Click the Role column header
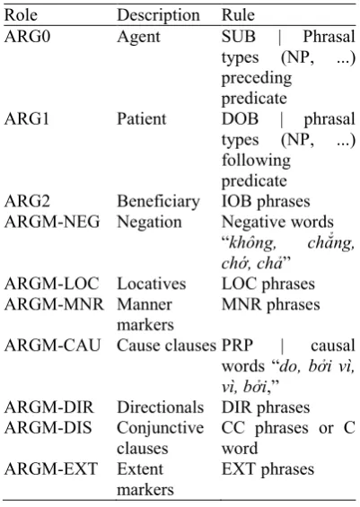21,15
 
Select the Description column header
159,15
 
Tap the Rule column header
238,15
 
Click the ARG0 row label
28,36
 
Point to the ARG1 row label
27,118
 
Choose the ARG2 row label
27,201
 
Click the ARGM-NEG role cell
52,222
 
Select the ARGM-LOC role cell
51,284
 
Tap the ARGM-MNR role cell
54,304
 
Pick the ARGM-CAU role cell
52,345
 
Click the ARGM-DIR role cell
48,407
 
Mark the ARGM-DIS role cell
48,428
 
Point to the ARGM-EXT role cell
51,468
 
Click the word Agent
138,37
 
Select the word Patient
141,118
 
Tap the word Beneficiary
158,202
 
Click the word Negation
149,223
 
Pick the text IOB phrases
266,202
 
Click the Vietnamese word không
252,243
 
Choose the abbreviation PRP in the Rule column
237,345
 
